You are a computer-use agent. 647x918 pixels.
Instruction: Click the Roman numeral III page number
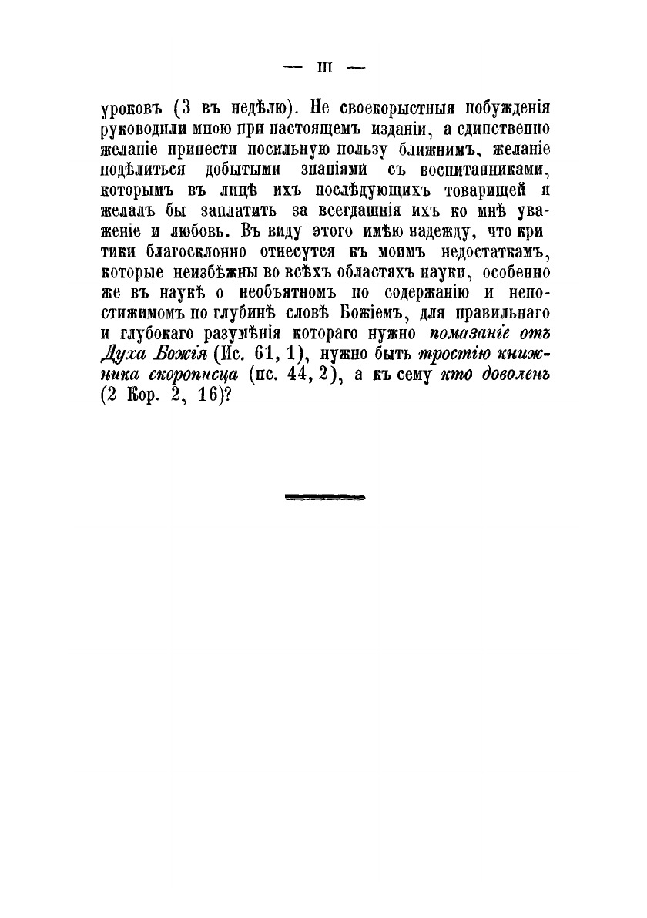[323, 68]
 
